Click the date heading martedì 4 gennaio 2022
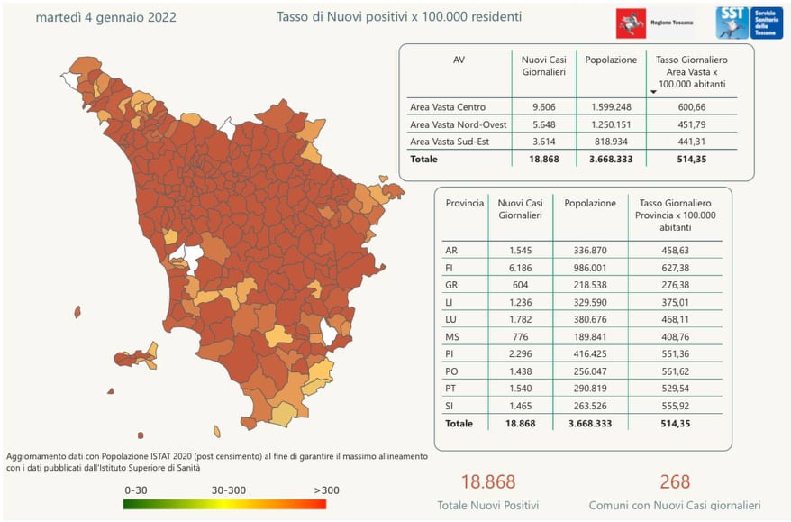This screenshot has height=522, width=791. point(105,17)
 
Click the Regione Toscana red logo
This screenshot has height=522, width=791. point(632,22)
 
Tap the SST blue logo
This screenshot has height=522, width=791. point(731,22)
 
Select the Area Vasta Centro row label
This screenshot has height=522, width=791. point(447,107)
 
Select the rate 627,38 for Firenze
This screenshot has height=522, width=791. point(676,268)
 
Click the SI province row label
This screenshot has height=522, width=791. point(450,405)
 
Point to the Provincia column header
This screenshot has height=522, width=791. point(465,204)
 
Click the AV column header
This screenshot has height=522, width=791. point(459,60)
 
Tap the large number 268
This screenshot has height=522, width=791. point(674,481)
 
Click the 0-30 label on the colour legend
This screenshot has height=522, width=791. point(138,490)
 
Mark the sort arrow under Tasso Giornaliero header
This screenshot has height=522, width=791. point(653,92)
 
